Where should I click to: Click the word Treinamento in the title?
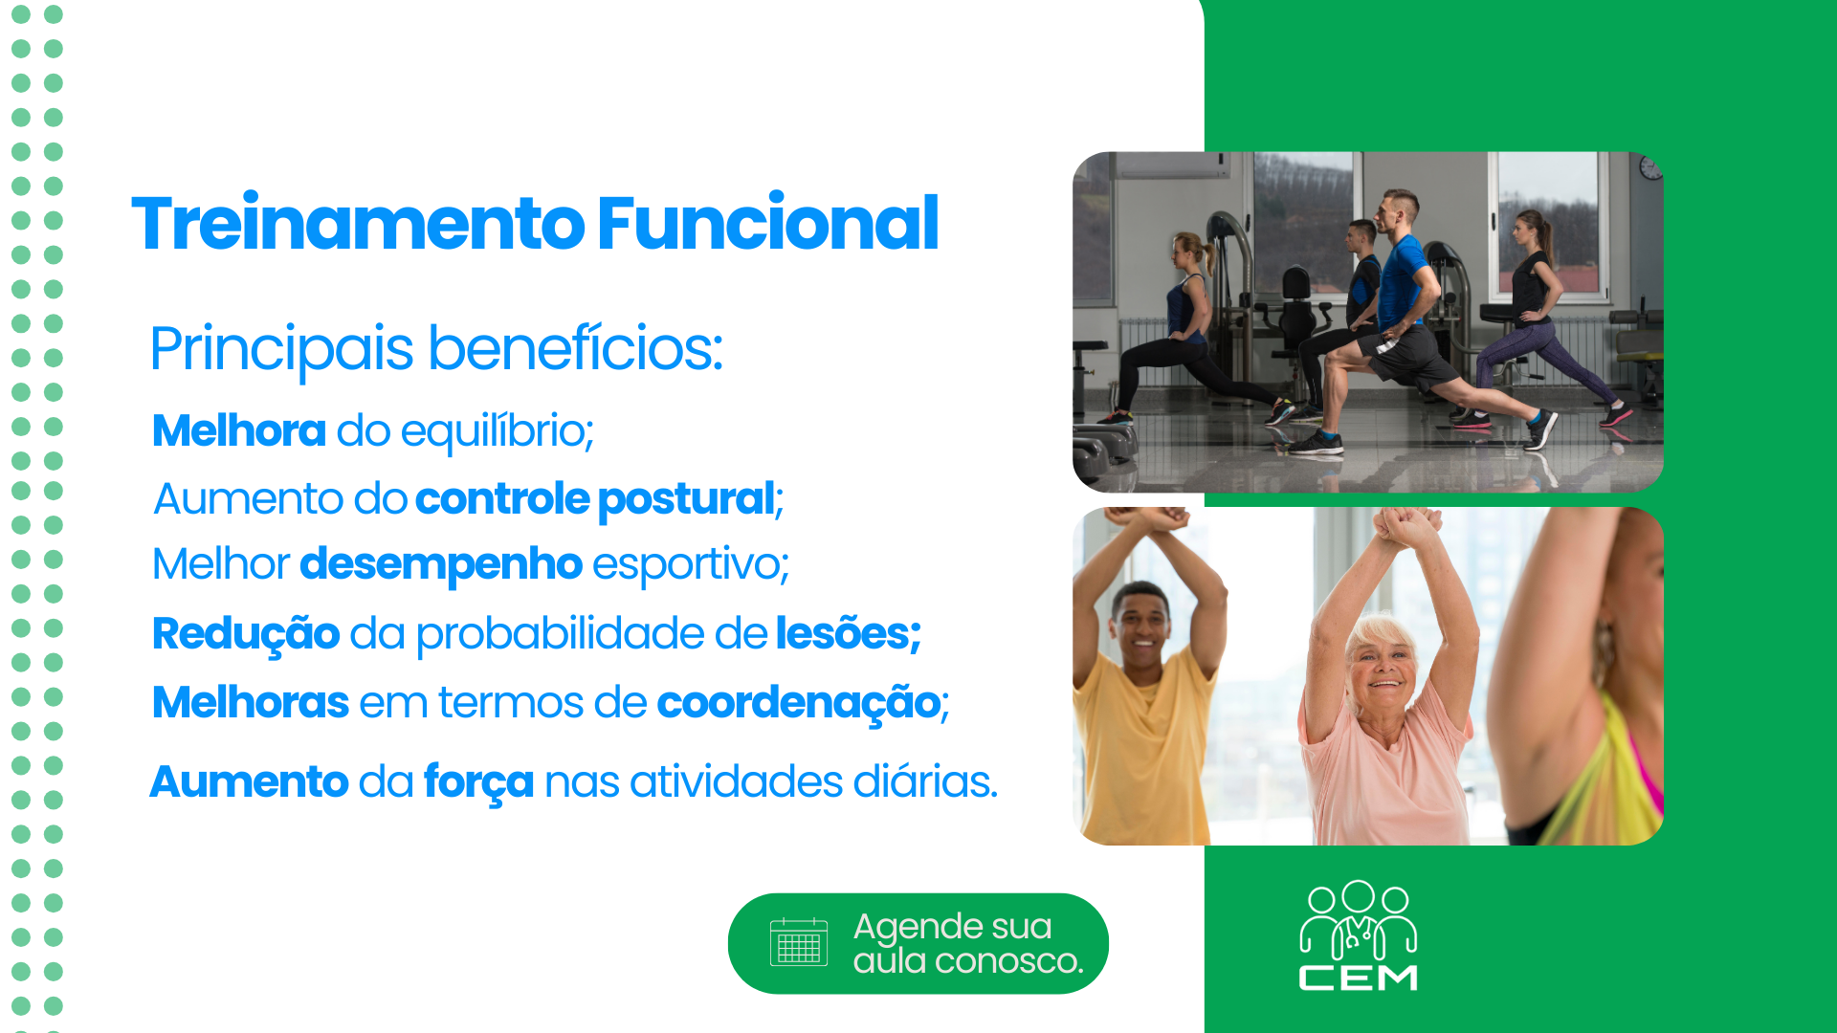[x=359, y=223]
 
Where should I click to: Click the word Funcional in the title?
[x=768, y=223]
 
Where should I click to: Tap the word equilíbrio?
[x=498, y=431]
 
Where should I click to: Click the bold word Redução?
[x=246, y=634]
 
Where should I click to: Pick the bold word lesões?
[x=848, y=632]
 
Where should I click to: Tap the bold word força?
[x=478, y=782]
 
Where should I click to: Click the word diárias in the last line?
[x=925, y=781]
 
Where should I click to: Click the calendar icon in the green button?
[x=799, y=942]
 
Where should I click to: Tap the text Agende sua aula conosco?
[x=968, y=943]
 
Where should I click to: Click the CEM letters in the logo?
[x=1358, y=978]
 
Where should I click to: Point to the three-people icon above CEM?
[x=1358, y=920]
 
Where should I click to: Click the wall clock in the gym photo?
[x=1650, y=168]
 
